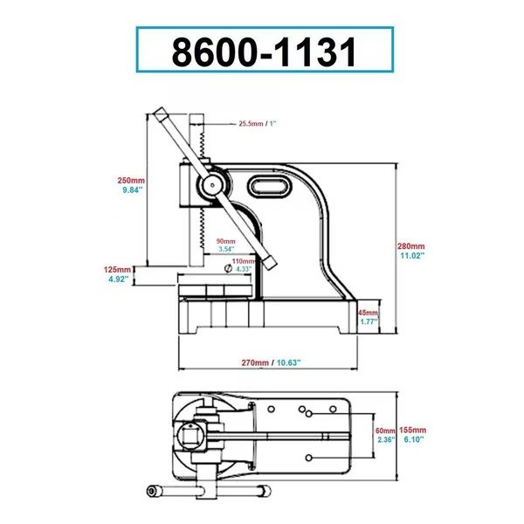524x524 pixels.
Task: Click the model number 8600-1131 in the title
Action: [x=264, y=50]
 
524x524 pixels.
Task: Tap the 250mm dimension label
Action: [x=130, y=181]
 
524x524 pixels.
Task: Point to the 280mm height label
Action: [x=411, y=247]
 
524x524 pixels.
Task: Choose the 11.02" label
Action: [x=411, y=257]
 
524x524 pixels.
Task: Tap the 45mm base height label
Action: [x=369, y=313]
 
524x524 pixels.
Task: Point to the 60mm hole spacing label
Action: [x=385, y=431]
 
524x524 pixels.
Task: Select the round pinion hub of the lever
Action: [x=210, y=183]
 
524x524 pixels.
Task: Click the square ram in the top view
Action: [x=195, y=434]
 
